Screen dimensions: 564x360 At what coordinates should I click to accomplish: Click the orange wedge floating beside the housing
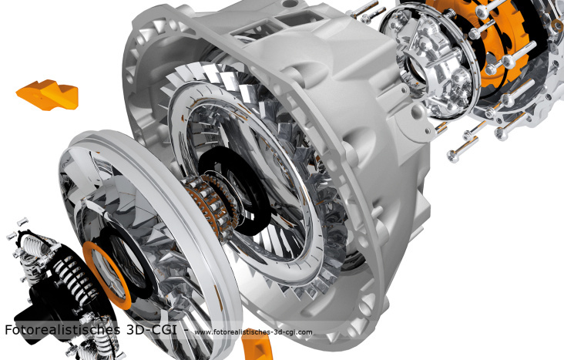[48, 95]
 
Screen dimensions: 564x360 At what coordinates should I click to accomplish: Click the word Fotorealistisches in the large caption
[62, 329]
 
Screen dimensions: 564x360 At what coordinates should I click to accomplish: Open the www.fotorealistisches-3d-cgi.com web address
[253, 332]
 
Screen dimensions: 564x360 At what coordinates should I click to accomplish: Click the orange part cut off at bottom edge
[257, 349]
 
